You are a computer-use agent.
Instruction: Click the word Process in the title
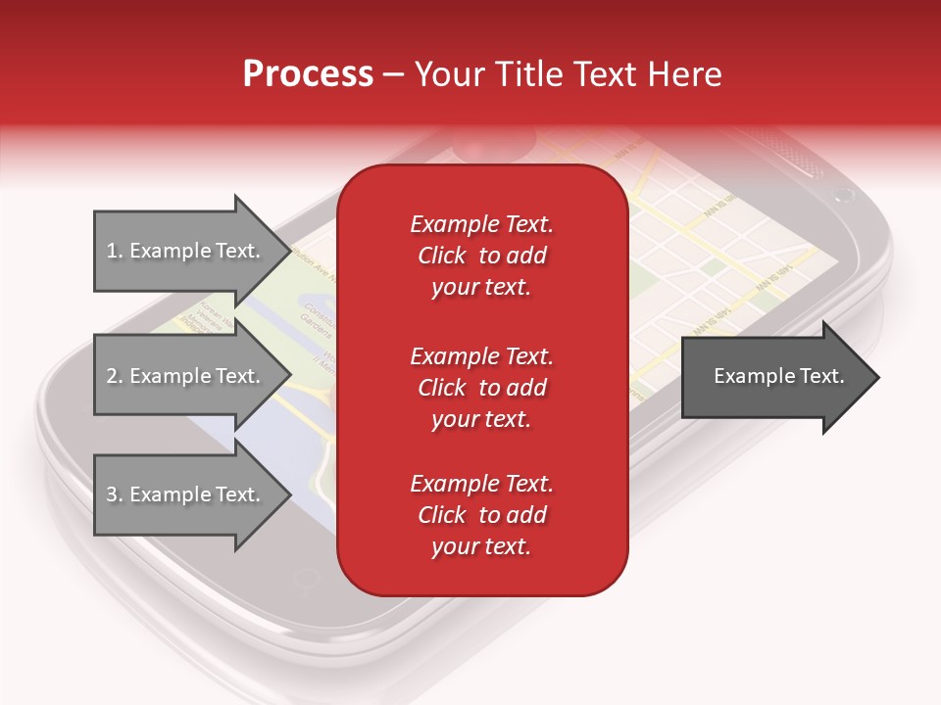coord(308,74)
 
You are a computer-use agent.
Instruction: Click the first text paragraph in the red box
coord(481,256)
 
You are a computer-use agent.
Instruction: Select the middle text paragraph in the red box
coord(481,388)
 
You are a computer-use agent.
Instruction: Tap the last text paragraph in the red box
coord(481,515)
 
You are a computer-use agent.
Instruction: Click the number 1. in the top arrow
coord(115,251)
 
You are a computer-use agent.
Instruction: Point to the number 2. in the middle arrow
coord(115,376)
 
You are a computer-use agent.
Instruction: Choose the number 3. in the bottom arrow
coord(115,494)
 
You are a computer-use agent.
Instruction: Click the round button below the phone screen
coord(307,582)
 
